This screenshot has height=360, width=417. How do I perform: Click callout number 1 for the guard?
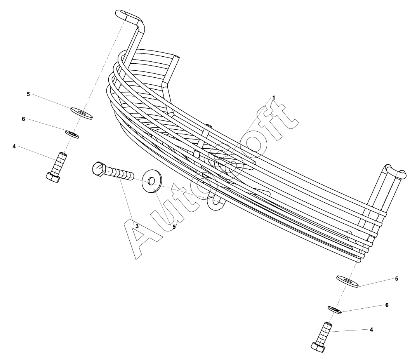(x=273, y=97)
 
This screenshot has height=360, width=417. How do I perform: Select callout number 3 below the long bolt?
(x=137, y=226)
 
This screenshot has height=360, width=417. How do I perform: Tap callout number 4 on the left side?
(x=14, y=146)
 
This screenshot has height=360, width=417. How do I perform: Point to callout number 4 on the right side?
(x=371, y=329)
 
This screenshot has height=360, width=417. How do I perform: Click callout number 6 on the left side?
(x=23, y=119)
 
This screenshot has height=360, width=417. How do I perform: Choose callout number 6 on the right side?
(x=387, y=305)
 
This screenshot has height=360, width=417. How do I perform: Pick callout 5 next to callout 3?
(x=174, y=227)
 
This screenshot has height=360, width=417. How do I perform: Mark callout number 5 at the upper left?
(x=28, y=94)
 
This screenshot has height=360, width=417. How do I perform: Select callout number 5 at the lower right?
(x=396, y=278)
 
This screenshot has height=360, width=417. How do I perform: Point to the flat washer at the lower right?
(x=347, y=281)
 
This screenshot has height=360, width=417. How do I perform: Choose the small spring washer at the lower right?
(x=335, y=310)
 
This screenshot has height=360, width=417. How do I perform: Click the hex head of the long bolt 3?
(x=99, y=169)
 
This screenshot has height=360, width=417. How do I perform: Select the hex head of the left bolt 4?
(x=53, y=177)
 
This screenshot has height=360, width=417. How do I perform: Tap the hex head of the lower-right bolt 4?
(x=318, y=346)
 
